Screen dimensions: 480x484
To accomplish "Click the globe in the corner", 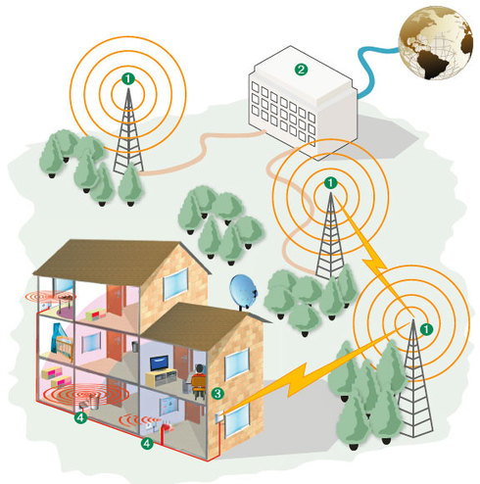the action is (x=436, y=43).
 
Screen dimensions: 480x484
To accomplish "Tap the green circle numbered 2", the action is (x=301, y=70).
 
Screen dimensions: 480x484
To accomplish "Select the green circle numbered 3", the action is (x=217, y=393).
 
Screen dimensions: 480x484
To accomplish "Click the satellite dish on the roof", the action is (x=243, y=293).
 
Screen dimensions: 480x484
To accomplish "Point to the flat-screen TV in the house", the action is (x=160, y=363).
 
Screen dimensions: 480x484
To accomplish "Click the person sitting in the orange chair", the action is (x=197, y=381).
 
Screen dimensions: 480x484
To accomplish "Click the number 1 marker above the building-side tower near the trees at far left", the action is (x=128, y=78).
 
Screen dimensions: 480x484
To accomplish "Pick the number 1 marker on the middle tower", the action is (x=330, y=182).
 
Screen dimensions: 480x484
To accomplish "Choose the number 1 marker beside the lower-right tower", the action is (x=426, y=329).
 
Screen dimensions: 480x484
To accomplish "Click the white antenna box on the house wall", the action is (x=218, y=416).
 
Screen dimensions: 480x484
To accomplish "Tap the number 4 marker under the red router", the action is (x=147, y=443).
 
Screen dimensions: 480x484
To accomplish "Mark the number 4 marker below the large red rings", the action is (x=80, y=417).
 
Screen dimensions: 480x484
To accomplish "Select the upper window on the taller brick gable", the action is (x=175, y=283).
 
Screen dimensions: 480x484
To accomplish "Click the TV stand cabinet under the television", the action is (x=161, y=377).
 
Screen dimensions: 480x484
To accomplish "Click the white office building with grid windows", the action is (x=303, y=103).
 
